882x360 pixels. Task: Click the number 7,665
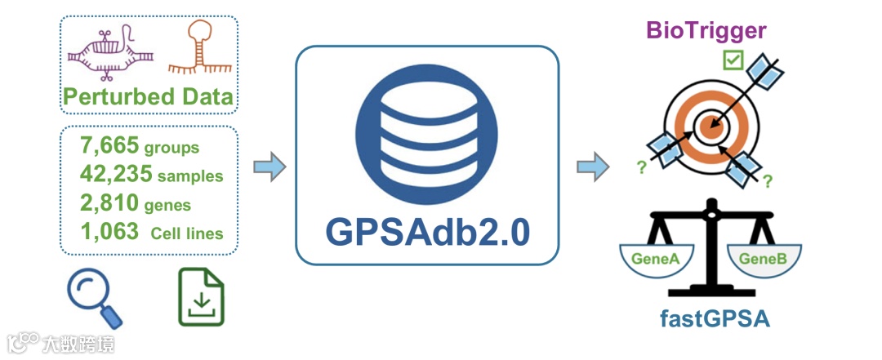[x=109, y=147]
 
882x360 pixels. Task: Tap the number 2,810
[x=109, y=203]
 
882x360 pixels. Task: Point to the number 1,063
[x=109, y=232]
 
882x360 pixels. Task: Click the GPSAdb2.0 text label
[x=428, y=231]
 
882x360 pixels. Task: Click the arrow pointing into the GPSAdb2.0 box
[x=269, y=167]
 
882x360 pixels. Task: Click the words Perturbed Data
[x=148, y=97]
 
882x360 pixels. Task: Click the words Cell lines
[x=187, y=233]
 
